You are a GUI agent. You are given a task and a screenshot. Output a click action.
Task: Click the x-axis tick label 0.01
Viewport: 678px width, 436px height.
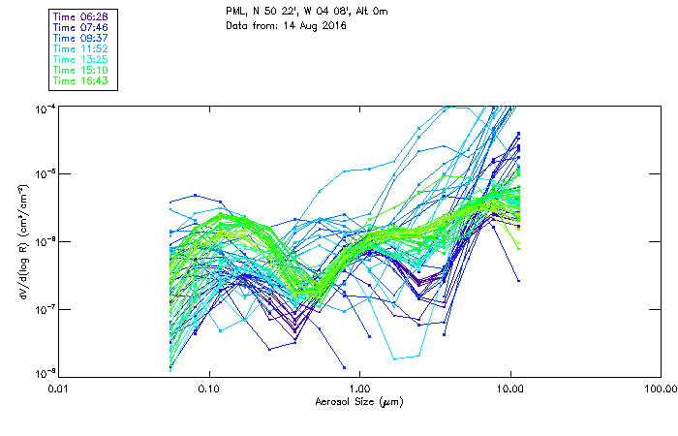tap(59, 388)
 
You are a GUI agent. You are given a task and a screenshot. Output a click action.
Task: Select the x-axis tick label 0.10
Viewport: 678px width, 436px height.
tap(209, 388)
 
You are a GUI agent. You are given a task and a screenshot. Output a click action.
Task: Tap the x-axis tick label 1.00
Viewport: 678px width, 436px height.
tap(359, 388)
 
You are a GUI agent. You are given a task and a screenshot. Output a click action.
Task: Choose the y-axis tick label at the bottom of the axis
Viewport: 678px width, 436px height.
tap(45, 374)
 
